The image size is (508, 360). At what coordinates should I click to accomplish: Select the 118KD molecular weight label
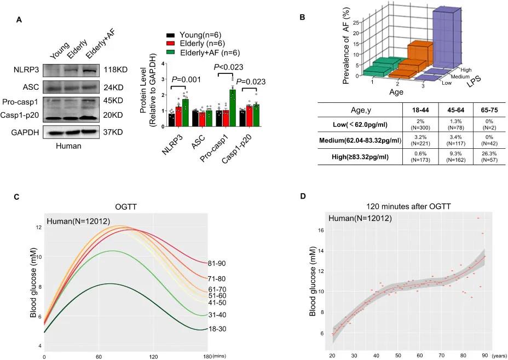(115, 70)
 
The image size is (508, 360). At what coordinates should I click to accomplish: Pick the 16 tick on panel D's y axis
(320, 230)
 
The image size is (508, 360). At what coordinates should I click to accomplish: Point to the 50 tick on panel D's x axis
(398, 355)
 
